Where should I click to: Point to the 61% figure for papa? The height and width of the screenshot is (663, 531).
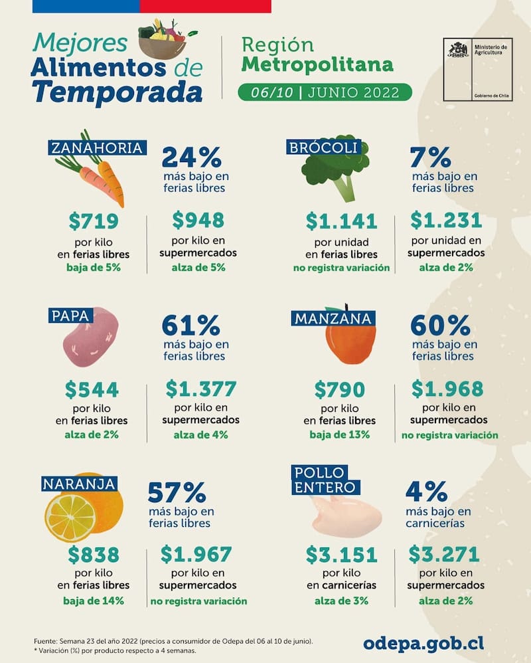191,326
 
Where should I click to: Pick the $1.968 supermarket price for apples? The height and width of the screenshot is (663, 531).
447,388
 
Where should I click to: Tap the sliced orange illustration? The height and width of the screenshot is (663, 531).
70,518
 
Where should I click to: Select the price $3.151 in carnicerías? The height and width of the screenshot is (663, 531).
341,554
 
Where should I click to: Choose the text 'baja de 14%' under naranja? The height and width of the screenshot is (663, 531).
94,601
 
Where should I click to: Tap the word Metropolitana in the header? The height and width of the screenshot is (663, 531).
317,64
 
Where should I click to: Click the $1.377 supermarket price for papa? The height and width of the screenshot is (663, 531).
200,388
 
